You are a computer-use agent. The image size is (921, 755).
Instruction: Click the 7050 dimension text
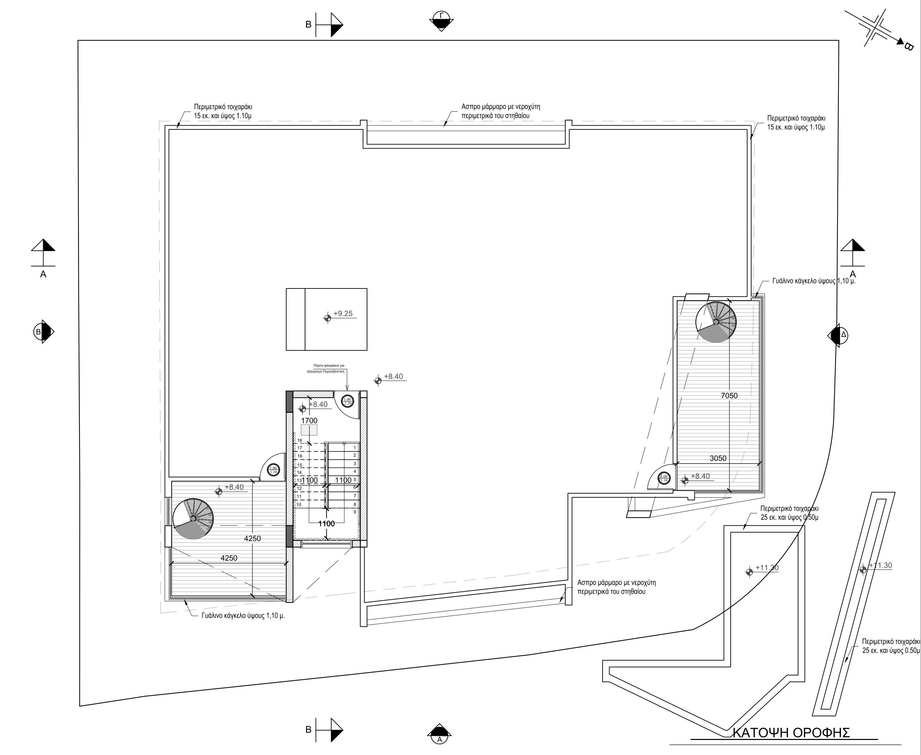coord(729,395)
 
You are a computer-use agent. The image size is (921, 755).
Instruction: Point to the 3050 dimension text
coord(718,458)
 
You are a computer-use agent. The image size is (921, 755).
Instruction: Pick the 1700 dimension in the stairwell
coord(309,421)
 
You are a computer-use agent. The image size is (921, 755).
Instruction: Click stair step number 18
coord(299,440)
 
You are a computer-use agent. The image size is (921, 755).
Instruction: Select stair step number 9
coord(355,512)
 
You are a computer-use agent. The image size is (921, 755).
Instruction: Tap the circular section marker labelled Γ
coord(442,20)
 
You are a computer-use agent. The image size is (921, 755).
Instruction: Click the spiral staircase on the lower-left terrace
coord(193,519)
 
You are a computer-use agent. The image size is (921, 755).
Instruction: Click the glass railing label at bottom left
coord(243,616)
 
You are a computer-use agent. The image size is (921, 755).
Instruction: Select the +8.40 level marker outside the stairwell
coord(393,376)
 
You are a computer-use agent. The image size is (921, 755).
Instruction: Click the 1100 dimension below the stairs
coord(326,524)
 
